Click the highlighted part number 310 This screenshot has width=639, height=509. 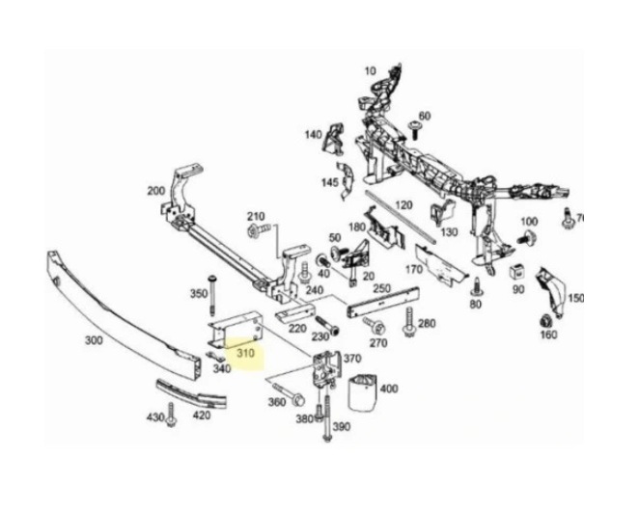coord(246,354)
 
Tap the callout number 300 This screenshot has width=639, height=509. coord(94,339)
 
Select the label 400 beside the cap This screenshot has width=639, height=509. coord(388,389)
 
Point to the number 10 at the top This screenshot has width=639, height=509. coord(370,70)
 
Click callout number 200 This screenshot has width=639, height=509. coord(155,191)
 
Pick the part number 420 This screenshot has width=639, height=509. coord(202,416)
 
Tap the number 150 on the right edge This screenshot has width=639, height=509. coord(575,298)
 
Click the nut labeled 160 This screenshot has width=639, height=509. coord(543,320)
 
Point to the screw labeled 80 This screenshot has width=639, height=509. coord(475,286)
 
